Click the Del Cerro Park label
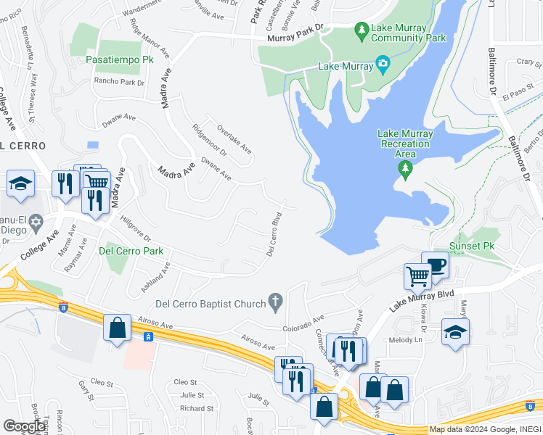[x=131, y=252]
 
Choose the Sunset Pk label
[x=472, y=246]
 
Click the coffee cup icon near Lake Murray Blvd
[x=436, y=265]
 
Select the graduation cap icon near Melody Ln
[x=455, y=332]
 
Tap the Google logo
[x=24, y=426]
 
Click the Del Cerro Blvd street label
[x=274, y=234]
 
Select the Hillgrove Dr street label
[x=135, y=231]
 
